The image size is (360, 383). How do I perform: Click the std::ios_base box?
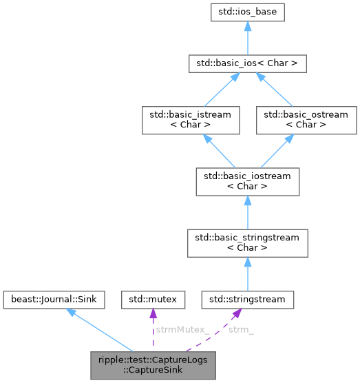pyautogui.click(x=248, y=12)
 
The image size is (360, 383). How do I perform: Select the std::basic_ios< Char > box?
pyautogui.click(x=248, y=65)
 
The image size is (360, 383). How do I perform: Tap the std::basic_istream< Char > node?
pyautogui.click(x=190, y=119)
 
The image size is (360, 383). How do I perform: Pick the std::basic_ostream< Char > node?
pyautogui.click(x=306, y=119)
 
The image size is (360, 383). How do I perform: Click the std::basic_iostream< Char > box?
pyautogui.click(x=248, y=181)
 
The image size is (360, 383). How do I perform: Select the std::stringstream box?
pyautogui.click(x=248, y=300)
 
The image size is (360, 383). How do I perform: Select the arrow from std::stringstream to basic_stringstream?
pyautogui.click(x=248, y=273)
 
